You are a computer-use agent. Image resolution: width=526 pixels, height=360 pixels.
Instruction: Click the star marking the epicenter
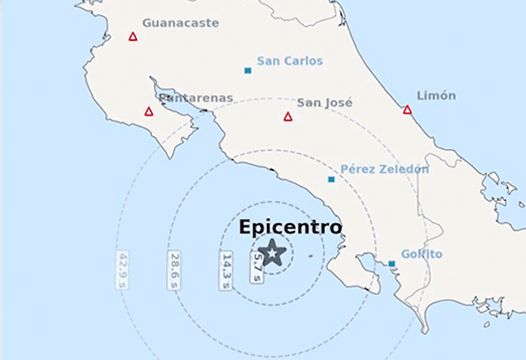273,253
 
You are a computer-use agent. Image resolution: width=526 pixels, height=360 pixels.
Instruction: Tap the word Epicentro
290,227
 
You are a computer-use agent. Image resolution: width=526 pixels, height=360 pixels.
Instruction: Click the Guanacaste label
180,23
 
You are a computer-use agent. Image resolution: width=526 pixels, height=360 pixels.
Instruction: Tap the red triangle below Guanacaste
133,37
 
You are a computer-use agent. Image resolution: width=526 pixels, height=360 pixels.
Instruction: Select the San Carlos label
289,61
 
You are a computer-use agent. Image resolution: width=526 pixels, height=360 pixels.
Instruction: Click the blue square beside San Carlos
248,71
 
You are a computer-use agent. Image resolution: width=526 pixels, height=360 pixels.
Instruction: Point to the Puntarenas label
196,98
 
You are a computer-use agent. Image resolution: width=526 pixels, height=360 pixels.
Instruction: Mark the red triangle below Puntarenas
149,111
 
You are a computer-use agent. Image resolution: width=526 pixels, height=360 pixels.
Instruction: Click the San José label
325,102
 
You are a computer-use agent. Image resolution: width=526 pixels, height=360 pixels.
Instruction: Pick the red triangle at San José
288,117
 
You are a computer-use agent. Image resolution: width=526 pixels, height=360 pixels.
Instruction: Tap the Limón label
436,96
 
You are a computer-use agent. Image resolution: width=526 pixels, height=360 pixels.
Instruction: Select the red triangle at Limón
407,110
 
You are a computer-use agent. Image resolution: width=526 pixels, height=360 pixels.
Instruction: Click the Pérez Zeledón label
384,169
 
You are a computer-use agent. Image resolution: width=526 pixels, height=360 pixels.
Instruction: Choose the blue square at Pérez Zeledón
332,180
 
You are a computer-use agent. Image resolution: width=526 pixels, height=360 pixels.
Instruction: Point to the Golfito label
421,254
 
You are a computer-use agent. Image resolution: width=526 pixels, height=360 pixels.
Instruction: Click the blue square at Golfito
392,264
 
